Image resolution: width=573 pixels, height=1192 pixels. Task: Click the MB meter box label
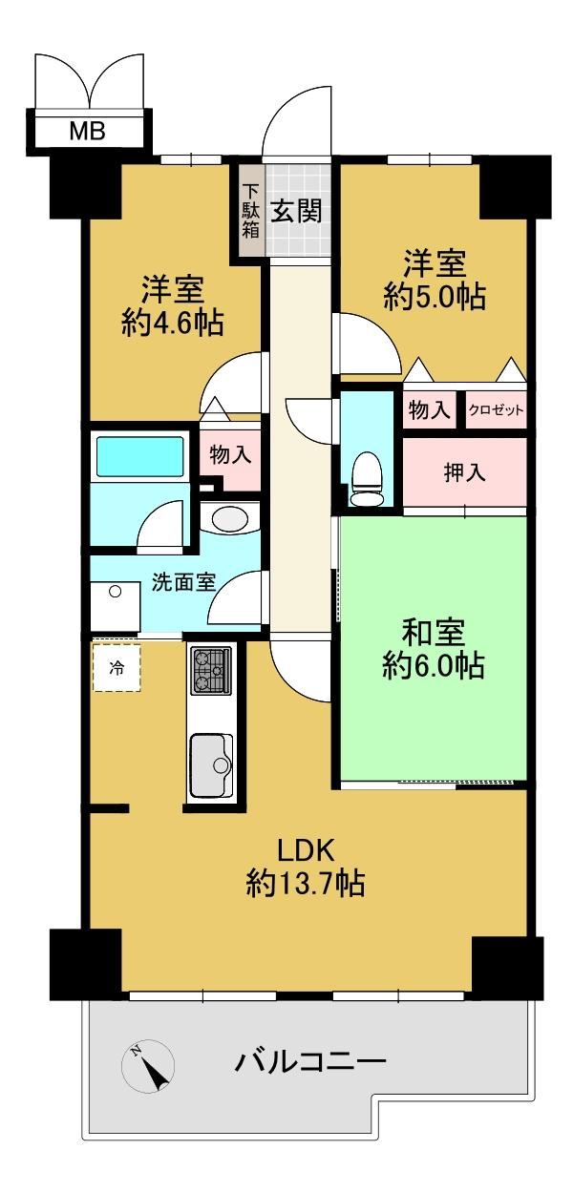coord(87,131)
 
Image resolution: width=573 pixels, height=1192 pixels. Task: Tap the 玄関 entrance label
coord(297,211)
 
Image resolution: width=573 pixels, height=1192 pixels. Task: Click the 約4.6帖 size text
coord(172,323)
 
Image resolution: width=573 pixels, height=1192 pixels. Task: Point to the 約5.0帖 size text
coord(435,296)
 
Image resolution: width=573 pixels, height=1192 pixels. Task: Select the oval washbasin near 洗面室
coord(229,518)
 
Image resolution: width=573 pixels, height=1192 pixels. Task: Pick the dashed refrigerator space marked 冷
coord(117,668)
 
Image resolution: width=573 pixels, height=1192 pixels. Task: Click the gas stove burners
coord(211,671)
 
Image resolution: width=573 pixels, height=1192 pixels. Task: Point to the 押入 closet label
coord(465,472)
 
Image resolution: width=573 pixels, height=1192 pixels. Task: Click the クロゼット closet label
coord(496,410)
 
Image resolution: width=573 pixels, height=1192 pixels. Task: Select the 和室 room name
coord(433,632)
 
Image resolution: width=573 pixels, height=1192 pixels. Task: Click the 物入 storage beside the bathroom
coord(230,454)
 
